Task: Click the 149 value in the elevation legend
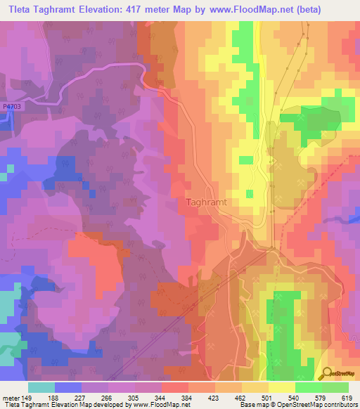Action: click(x=27, y=398)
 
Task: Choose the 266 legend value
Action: click(x=108, y=398)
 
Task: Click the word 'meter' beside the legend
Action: click(x=11, y=398)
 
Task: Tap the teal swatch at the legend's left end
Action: click(x=41, y=387)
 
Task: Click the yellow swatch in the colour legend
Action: click(x=281, y=387)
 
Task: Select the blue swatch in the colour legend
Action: click(x=67, y=387)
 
